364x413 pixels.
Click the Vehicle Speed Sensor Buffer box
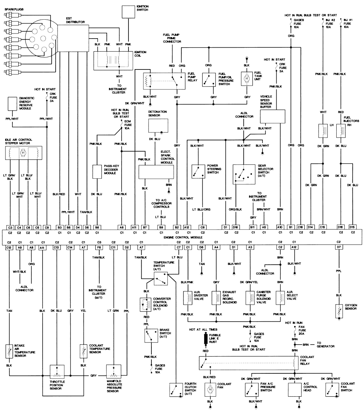tap(273, 116)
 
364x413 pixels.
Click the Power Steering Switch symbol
tap(199, 171)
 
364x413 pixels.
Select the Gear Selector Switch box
tap(244, 174)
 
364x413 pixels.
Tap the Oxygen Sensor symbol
tap(339, 311)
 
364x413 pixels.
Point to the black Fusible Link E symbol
tap(206, 339)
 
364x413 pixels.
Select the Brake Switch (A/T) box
tap(150, 336)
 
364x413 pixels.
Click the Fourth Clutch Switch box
tap(176, 390)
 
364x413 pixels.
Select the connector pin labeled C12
tap(9, 248)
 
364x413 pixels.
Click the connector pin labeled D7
tap(339, 248)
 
